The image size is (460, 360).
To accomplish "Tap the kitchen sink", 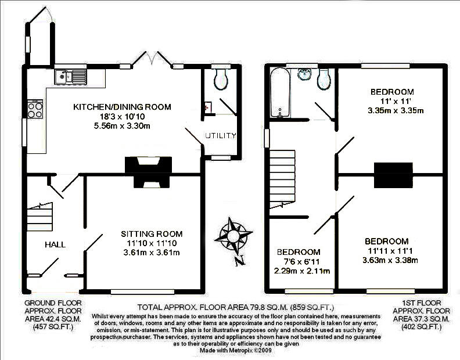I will pos(69,76).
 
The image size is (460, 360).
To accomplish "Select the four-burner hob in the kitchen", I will pos(34,109).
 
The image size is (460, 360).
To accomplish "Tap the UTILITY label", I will pos(220,136).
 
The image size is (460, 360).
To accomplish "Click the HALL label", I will pos(55,244).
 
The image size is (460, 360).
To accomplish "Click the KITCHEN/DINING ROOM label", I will pos(122,107).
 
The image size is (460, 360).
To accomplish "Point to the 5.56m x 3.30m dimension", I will pos(122,126).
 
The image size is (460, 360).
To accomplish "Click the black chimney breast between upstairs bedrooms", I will pos(393,175).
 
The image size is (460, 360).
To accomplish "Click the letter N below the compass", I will pos(238,261).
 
